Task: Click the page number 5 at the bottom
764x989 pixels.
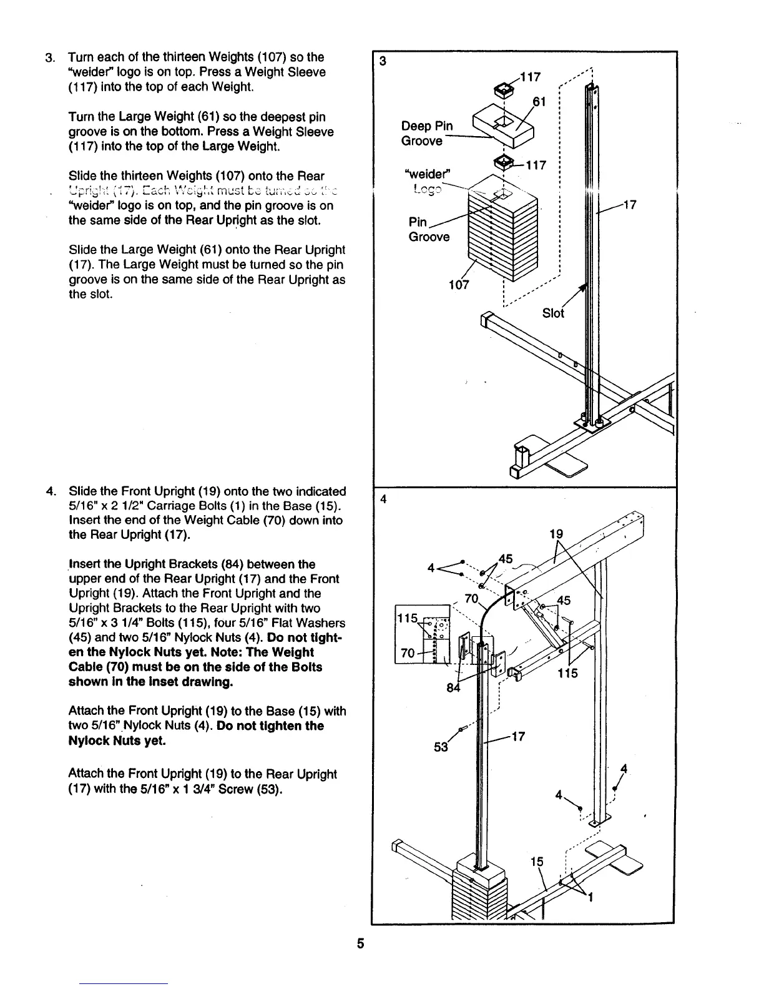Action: [361, 943]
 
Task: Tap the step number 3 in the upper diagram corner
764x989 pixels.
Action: [383, 61]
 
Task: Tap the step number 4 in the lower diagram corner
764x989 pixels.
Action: [383, 499]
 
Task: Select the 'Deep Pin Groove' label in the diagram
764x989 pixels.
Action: [427, 133]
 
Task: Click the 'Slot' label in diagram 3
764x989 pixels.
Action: [553, 313]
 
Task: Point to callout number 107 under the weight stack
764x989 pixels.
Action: [459, 286]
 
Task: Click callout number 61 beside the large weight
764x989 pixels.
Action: [539, 102]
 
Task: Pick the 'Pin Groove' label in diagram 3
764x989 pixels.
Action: [428, 229]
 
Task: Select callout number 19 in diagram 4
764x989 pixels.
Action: [556, 534]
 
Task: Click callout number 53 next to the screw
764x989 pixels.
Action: [441, 747]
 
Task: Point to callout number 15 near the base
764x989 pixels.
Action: [537, 862]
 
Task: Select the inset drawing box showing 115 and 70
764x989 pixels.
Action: [423, 634]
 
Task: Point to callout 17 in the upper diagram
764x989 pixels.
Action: [630, 204]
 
